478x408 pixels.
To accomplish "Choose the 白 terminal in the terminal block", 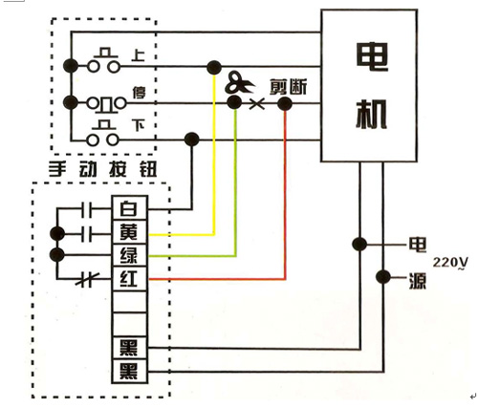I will [x=129, y=208].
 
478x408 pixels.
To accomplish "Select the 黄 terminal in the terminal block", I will [x=129, y=232].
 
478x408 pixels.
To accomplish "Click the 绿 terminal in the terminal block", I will [x=129, y=255].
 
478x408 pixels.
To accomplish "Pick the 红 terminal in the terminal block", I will [x=129, y=278].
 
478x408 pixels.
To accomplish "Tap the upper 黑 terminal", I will [x=129, y=346].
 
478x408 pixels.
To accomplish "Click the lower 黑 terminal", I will [x=129, y=370].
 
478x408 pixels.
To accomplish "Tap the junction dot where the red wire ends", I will [x=284, y=103].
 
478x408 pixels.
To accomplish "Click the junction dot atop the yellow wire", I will [x=214, y=67].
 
